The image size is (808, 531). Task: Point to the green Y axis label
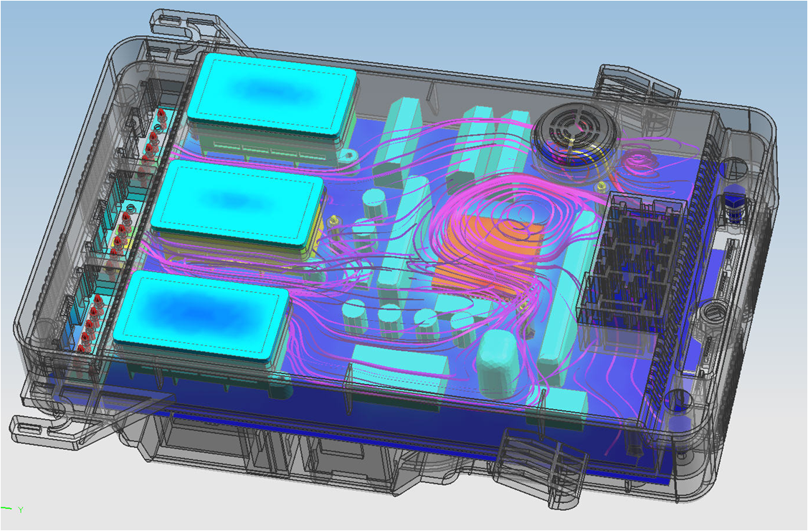pyautogui.click(x=21, y=510)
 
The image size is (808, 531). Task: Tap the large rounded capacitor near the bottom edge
pyautogui.click(x=496, y=363)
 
